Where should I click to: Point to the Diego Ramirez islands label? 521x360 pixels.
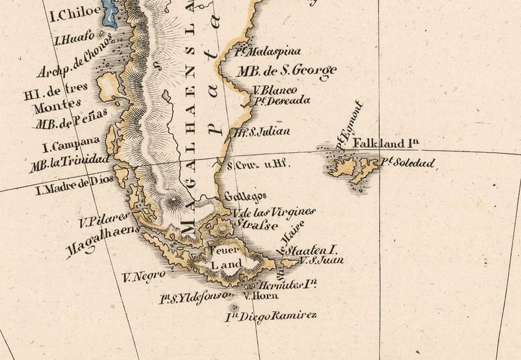(271, 317)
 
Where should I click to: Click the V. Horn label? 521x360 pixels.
(257, 296)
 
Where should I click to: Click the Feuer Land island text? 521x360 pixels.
(225, 257)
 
